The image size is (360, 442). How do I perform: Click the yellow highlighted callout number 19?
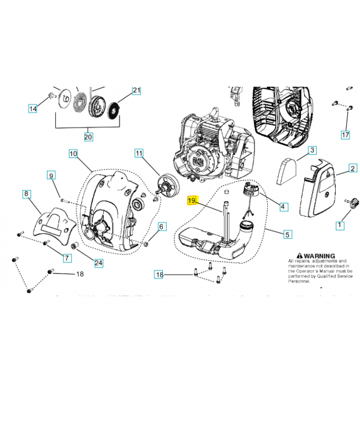pos(192,200)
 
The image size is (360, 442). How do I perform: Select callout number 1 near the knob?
pos(340,225)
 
